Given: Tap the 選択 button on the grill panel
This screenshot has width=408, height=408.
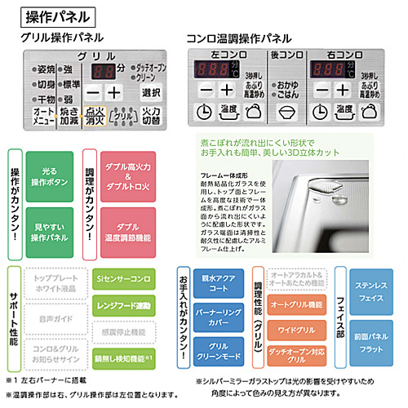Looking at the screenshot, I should [150, 91].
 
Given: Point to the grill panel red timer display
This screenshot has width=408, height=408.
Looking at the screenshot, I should [102, 70].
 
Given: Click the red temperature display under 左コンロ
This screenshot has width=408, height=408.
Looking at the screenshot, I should [214, 69].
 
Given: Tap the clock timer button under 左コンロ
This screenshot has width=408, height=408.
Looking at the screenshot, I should [203, 112].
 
